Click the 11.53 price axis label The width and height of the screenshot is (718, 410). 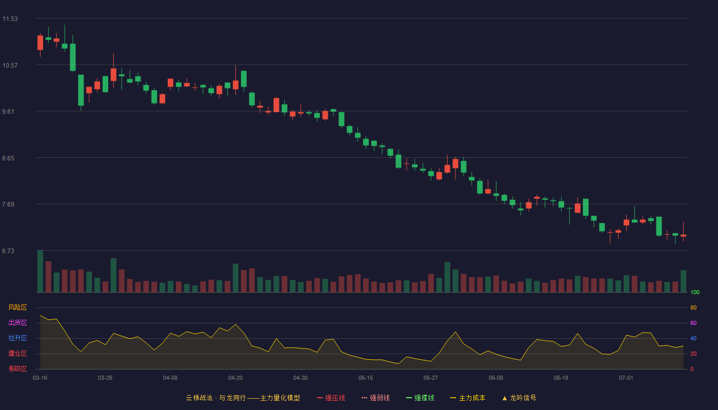[10, 19]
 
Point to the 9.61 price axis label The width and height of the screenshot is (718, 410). [8, 112]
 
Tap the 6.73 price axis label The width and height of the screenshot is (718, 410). [8, 251]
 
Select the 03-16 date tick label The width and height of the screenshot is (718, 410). [40, 378]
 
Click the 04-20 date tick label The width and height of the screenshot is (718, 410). [235, 378]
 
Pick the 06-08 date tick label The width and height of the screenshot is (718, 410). [496, 378]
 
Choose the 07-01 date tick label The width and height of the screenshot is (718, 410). [626, 378]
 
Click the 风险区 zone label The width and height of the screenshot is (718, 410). [17, 307]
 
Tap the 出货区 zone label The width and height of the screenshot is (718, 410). [17, 322]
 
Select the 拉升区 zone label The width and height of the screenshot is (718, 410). [17, 338]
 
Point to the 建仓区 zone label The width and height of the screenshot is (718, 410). [17, 353]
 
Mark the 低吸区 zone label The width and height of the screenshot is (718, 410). [17, 368]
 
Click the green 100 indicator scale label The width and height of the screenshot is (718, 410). [695, 293]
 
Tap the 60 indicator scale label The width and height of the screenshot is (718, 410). [693, 323]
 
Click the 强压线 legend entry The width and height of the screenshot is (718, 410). [331, 398]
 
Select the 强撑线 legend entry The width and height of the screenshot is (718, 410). [420, 398]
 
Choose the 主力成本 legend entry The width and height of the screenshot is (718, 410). [468, 398]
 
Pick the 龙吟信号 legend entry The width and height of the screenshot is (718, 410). [519, 398]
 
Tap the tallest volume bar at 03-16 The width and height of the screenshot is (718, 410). [40, 271]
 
